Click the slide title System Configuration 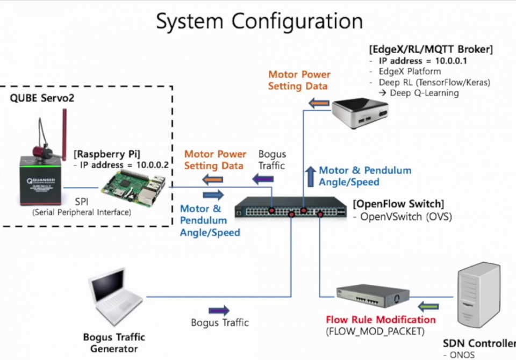259,21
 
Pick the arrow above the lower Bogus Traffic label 219,310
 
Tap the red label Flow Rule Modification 381,320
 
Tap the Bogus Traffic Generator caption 114,343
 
